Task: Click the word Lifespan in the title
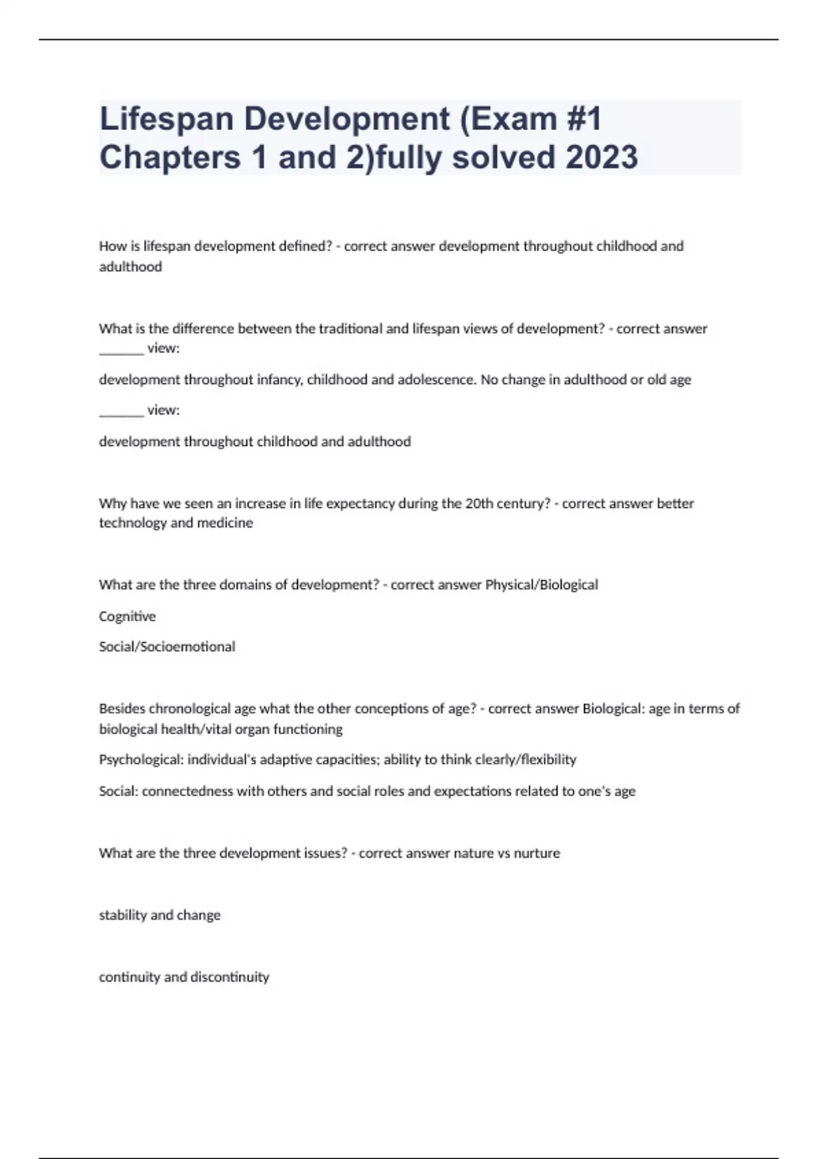point(167,119)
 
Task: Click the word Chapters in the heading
point(170,157)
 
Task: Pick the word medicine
point(224,523)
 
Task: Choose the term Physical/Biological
point(541,585)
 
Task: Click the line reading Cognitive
point(127,616)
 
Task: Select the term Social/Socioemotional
point(167,646)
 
